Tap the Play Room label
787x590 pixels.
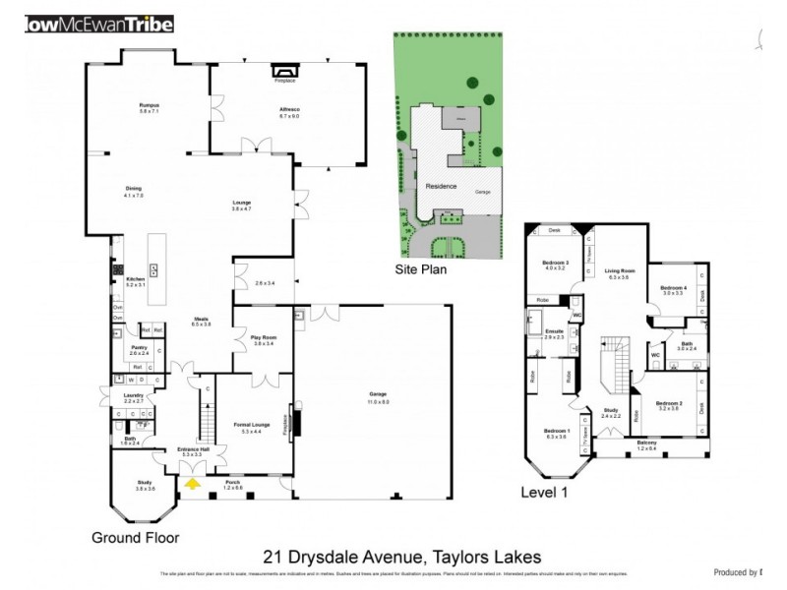point(263,338)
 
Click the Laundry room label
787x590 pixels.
point(134,397)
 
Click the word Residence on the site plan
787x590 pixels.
point(441,185)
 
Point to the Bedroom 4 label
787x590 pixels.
point(672,288)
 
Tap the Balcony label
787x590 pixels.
point(646,443)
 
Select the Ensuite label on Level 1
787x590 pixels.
point(555,332)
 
